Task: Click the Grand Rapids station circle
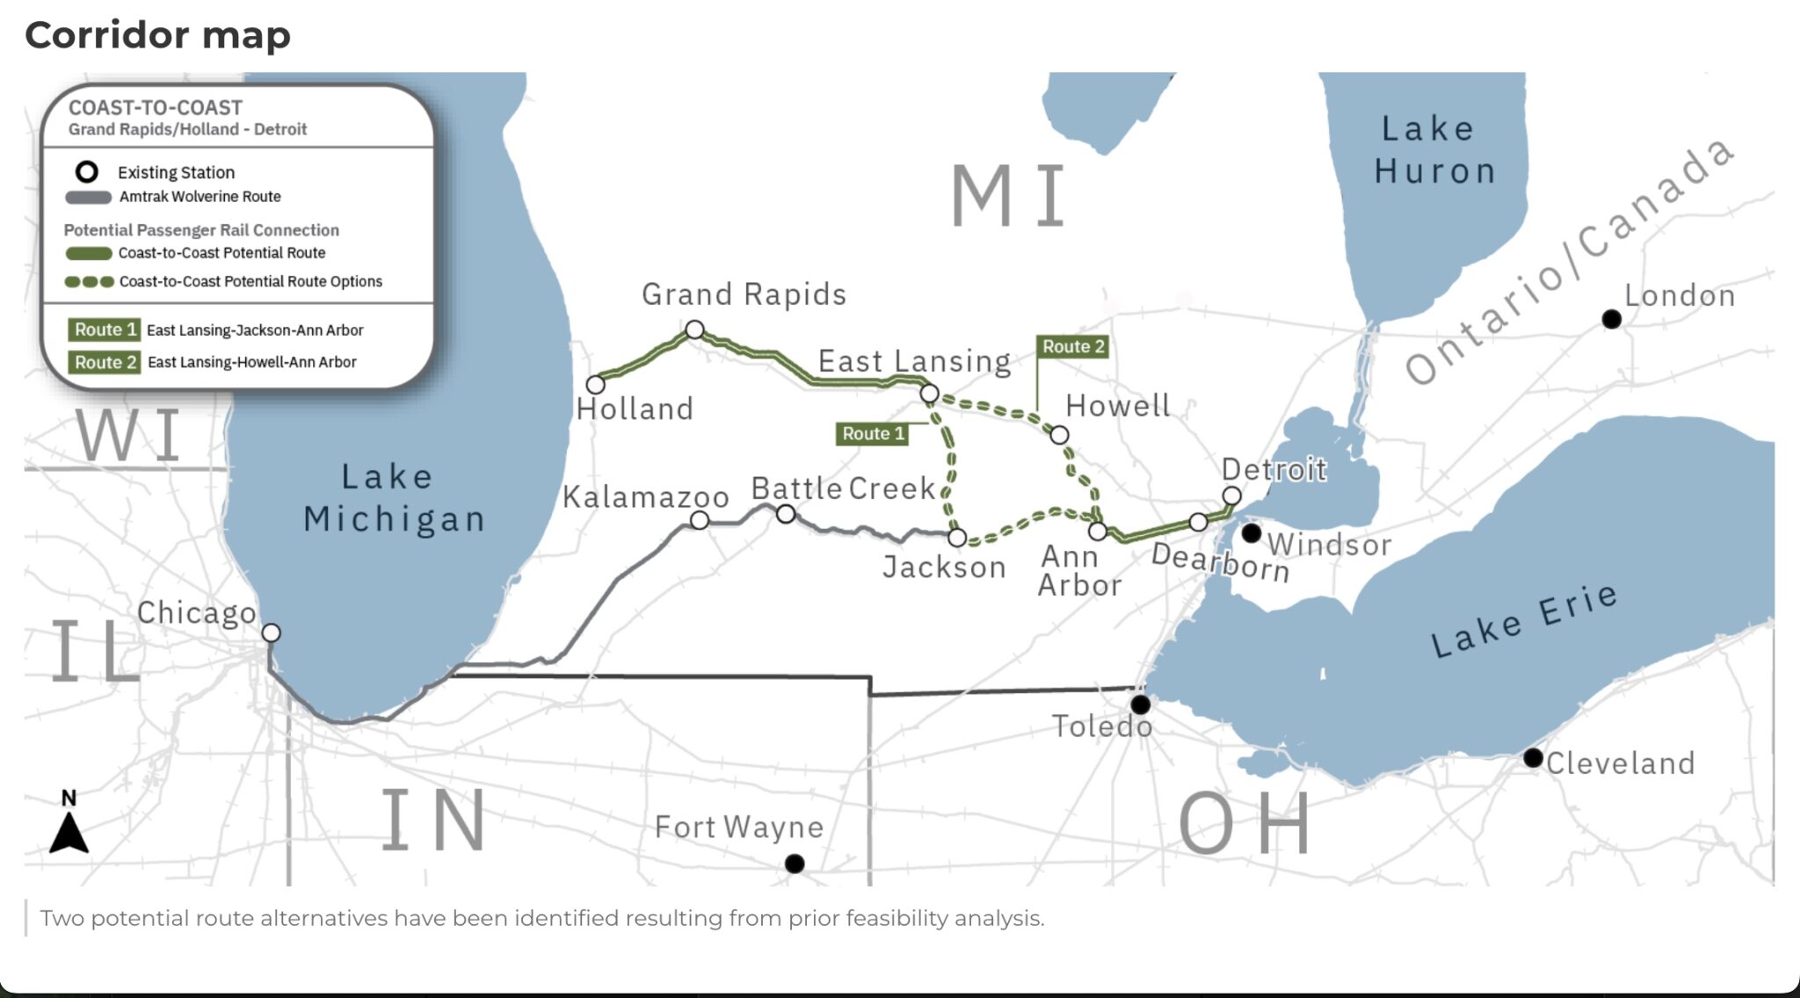pos(694,329)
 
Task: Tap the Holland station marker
pos(595,385)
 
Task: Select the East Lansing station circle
pos(929,394)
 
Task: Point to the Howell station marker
pos(1059,435)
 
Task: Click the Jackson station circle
pos(957,537)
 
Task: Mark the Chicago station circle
pos(272,633)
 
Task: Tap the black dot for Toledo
pos(1140,705)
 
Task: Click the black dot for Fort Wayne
pos(795,864)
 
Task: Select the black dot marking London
pos(1611,319)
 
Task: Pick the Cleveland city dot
pos(1533,757)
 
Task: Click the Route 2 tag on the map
pos(1072,347)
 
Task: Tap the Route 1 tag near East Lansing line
pos(872,433)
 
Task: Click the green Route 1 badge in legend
pos(105,329)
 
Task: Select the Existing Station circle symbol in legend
pos(86,171)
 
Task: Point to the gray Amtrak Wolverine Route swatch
pos(88,197)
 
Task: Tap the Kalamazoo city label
pos(646,497)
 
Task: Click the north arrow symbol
pos(69,830)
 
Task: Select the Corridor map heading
pos(158,35)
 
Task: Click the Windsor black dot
pos(1252,533)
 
